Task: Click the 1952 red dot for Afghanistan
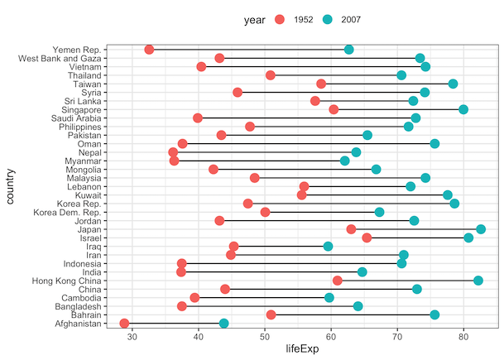[124, 324]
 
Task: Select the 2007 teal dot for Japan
[481, 229]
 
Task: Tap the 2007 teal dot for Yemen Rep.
[348, 50]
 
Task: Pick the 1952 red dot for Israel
[367, 238]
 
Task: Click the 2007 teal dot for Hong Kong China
[478, 281]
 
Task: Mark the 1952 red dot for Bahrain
[271, 314]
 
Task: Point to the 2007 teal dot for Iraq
[328, 246]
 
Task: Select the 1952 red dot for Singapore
[334, 109]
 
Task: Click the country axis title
[9, 186]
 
